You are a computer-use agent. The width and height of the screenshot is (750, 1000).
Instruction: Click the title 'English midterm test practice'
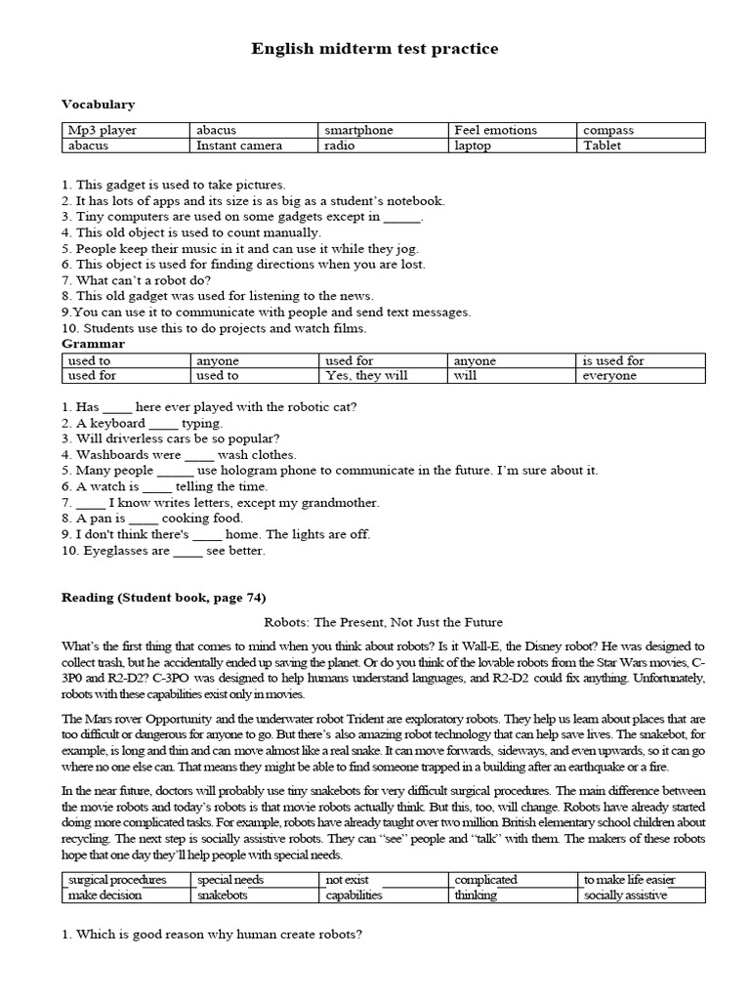[x=375, y=48]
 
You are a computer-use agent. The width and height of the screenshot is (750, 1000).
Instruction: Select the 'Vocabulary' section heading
[x=98, y=104]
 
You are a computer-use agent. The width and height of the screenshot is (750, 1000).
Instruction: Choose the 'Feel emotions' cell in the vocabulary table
[x=495, y=130]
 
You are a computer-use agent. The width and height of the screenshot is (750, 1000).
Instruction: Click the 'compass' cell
[x=608, y=130]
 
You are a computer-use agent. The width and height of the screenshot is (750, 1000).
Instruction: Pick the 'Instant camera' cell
[x=239, y=146]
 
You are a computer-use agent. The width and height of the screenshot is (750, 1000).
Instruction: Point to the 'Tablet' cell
[x=603, y=146]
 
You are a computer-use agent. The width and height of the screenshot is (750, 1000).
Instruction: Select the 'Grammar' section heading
[x=93, y=344]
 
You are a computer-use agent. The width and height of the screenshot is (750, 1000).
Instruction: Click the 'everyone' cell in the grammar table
[x=609, y=376]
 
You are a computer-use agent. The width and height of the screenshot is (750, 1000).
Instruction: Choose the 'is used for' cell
[x=613, y=360]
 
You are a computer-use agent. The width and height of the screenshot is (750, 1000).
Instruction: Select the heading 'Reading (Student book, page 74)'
[x=163, y=598]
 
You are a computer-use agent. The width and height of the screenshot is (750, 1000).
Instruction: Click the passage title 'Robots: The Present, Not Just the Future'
[x=384, y=622]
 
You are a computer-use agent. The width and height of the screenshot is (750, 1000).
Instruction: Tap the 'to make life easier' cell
[x=629, y=880]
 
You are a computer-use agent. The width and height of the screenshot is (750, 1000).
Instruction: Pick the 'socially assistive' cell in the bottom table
[x=625, y=896]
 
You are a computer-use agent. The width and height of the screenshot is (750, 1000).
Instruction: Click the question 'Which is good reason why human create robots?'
[x=212, y=934]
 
